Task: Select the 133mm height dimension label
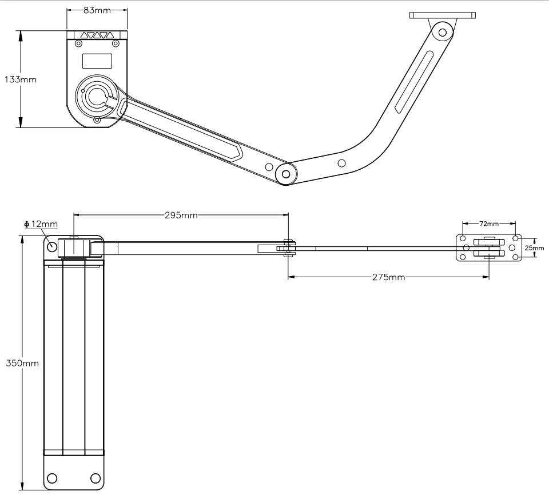point(21,80)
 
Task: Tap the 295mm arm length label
point(181,215)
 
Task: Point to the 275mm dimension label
point(388,277)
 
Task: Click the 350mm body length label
point(22,363)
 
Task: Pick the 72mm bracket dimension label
point(489,223)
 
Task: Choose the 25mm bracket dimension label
point(535,248)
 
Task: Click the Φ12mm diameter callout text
point(41,224)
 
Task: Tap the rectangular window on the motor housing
point(97,61)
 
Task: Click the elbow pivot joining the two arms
point(286,174)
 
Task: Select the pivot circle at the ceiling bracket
point(442,33)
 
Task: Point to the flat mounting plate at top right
point(443,15)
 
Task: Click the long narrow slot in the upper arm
point(414,82)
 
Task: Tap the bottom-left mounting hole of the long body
point(52,478)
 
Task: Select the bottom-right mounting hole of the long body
point(96,478)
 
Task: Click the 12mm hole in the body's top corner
point(52,246)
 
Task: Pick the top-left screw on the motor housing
point(79,43)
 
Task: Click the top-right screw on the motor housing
point(115,43)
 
